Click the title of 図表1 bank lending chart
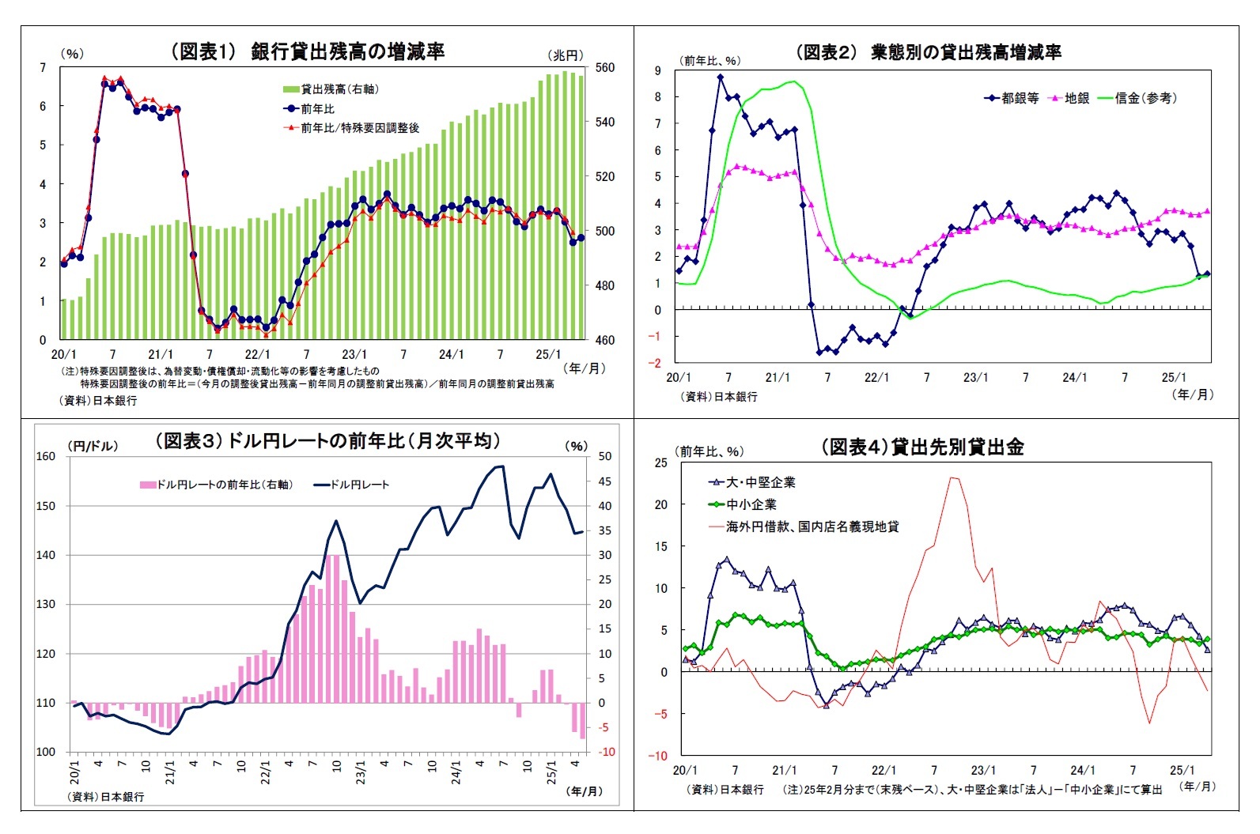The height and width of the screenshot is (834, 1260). click(308, 51)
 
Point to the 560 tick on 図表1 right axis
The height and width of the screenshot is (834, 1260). click(604, 68)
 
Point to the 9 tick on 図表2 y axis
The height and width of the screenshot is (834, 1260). click(658, 71)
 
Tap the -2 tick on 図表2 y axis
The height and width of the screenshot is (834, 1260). click(656, 363)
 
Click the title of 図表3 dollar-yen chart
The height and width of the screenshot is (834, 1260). click(327, 440)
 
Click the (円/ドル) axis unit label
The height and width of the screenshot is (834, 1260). click(93, 446)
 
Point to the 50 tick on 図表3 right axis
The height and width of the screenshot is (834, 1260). click(605, 456)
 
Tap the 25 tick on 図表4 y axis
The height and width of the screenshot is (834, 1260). click(661, 462)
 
